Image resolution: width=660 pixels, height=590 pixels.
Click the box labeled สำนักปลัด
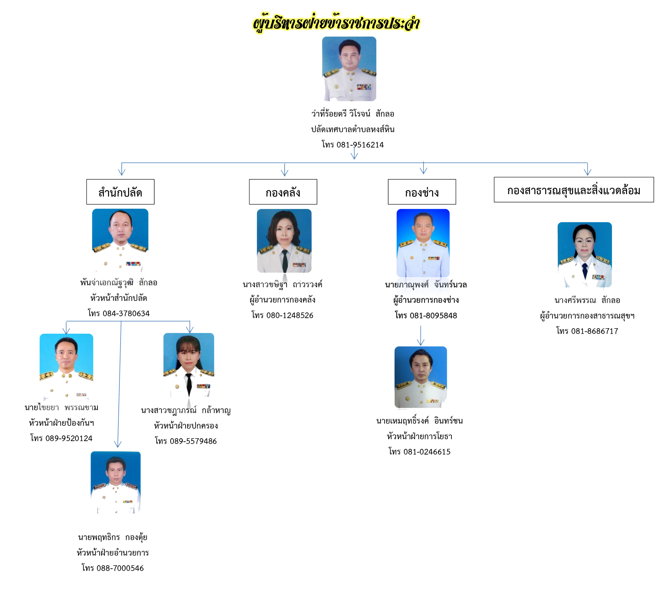pyautogui.click(x=120, y=192)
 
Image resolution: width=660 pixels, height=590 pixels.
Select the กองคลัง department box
pyautogui.click(x=283, y=192)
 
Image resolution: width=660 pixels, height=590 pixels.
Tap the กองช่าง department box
pyautogui.click(x=422, y=192)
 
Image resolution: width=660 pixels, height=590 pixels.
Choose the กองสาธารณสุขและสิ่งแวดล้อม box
pyautogui.click(x=574, y=190)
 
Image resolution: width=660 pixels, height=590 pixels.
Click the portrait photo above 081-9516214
pyautogui.click(x=349, y=69)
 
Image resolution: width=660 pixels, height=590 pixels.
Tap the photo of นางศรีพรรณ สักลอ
pyautogui.click(x=584, y=255)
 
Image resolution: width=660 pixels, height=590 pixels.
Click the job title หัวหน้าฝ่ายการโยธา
pyautogui.click(x=420, y=436)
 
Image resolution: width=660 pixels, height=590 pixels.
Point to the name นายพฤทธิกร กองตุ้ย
pyautogui.click(x=112, y=537)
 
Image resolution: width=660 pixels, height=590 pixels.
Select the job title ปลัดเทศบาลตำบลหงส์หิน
pyautogui.click(x=353, y=129)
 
